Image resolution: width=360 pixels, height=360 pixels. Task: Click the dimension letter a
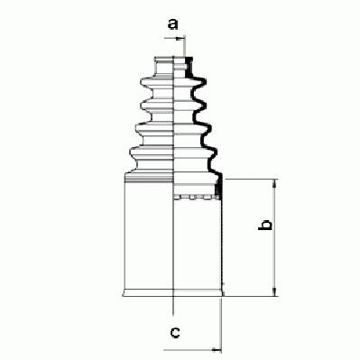[x=172, y=24]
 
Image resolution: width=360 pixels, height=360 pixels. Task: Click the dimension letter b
[x=265, y=225]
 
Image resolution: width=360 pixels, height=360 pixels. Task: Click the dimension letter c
[x=175, y=332]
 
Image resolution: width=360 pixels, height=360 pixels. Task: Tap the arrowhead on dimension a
[x=180, y=39]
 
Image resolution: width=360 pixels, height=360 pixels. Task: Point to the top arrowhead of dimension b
[x=274, y=183]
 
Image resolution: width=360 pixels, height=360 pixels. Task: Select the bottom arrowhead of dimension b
[x=274, y=292]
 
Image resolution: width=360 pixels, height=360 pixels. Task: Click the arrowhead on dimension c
[x=217, y=350]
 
